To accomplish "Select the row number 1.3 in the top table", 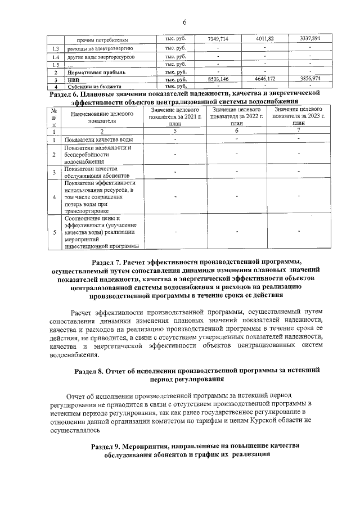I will point(55,49).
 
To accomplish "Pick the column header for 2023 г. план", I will point(298,116).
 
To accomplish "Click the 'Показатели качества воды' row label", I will point(99,139).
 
